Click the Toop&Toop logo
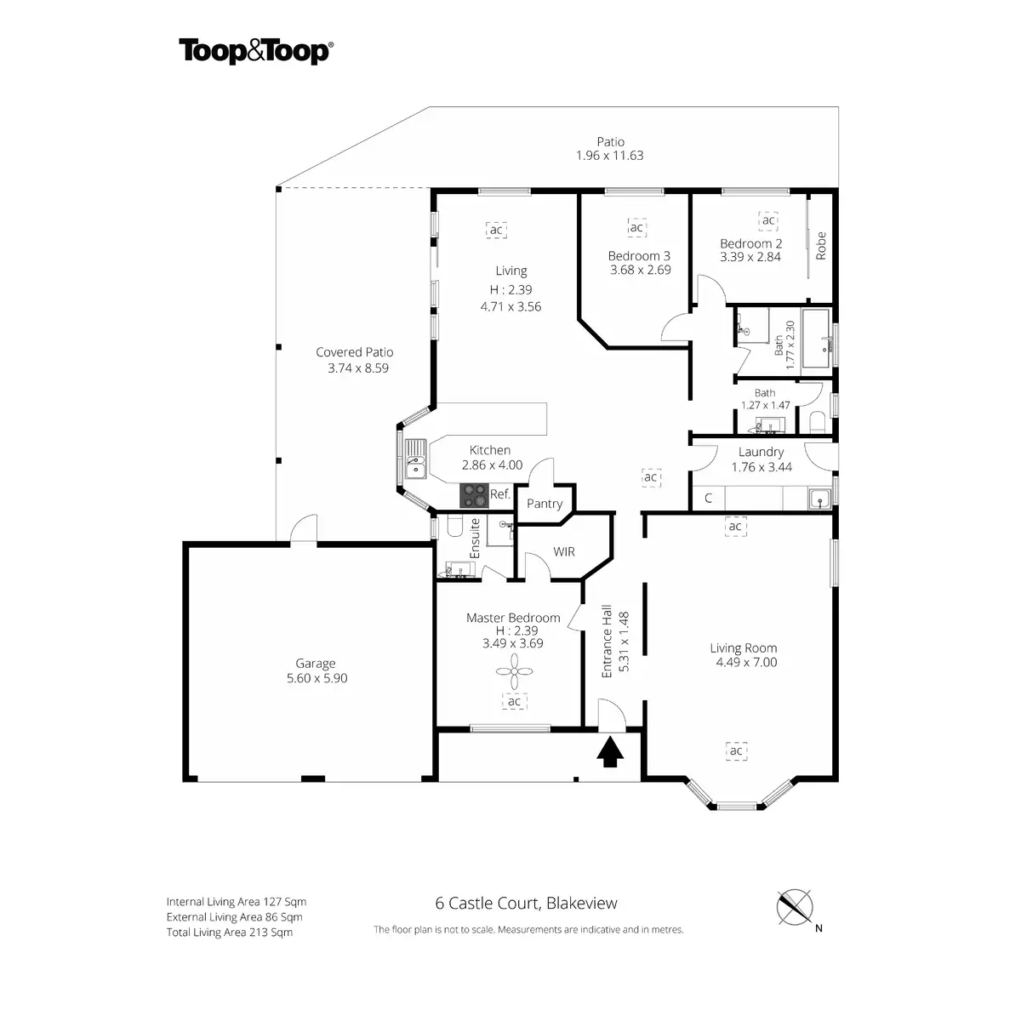(256, 51)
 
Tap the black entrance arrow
(610, 753)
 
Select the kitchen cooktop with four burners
(474, 496)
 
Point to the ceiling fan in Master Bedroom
(514, 671)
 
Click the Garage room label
(316, 664)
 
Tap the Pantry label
(545, 504)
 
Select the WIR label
(564, 551)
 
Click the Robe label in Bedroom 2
(821, 245)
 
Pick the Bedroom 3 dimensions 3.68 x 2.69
(640, 270)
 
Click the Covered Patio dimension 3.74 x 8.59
(358, 368)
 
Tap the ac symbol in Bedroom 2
(768, 220)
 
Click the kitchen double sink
(415, 459)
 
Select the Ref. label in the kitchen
(500, 494)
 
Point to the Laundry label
(761, 452)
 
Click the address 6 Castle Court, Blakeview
(526, 903)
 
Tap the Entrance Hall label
(607, 642)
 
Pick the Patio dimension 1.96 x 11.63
(610, 156)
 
